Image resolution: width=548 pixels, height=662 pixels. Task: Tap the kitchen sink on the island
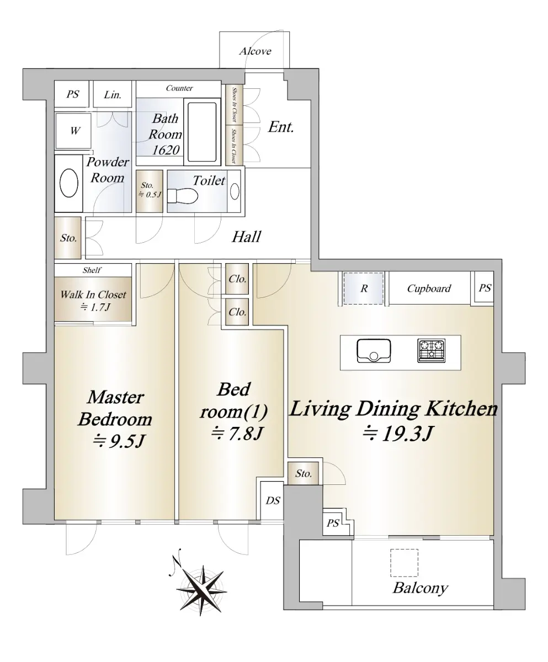coord(374,351)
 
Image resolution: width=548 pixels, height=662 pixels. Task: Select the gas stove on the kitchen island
coord(432,350)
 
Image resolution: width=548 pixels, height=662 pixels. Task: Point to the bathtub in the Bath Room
coord(202,132)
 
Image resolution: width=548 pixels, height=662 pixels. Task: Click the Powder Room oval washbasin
coord(69,184)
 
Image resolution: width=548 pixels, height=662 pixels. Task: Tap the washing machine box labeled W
coord(73,131)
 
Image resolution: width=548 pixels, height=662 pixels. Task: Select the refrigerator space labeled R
coord(364,288)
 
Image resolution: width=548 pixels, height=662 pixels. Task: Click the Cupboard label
coord(429,289)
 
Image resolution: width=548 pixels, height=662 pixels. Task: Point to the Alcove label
coord(255,51)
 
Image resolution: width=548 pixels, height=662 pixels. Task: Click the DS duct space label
coord(273,501)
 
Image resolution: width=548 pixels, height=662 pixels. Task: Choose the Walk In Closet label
coord(93,295)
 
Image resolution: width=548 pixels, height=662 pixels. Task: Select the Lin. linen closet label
coord(113,94)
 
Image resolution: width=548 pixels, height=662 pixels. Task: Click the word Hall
coord(246,237)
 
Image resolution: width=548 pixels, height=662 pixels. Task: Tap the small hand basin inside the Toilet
coord(235,191)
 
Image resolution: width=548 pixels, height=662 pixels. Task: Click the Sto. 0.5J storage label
coord(150,190)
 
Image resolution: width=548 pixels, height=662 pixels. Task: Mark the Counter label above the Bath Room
coord(179,88)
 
